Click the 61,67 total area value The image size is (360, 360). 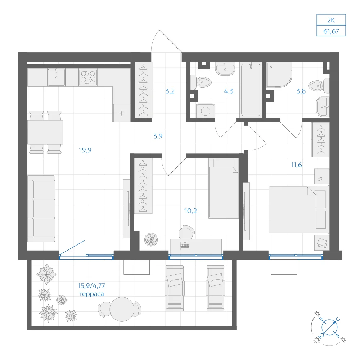click(x=331, y=31)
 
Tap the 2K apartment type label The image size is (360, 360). click(x=331, y=20)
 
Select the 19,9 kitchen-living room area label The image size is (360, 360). click(x=85, y=150)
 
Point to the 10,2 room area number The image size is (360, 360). click(x=190, y=211)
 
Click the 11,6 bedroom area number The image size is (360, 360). click(x=296, y=165)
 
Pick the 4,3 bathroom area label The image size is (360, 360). click(x=229, y=91)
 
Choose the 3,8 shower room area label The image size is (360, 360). click(x=301, y=91)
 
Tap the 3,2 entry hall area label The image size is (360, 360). click(x=170, y=91)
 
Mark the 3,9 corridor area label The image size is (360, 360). click(x=158, y=136)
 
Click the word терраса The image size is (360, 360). click(x=91, y=294)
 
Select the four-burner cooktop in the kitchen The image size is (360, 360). click(x=88, y=77)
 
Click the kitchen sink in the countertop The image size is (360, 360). click(x=56, y=77)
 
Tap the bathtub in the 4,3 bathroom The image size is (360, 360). click(x=251, y=90)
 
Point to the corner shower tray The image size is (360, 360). click(x=279, y=75)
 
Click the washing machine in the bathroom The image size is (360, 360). click(x=206, y=111)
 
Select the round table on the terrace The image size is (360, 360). click(x=122, y=309)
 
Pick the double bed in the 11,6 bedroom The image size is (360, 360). click(x=298, y=210)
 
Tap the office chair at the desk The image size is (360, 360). click(x=186, y=232)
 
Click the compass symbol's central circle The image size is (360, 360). click(x=329, y=327)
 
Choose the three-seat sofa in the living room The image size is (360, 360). click(x=41, y=209)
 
